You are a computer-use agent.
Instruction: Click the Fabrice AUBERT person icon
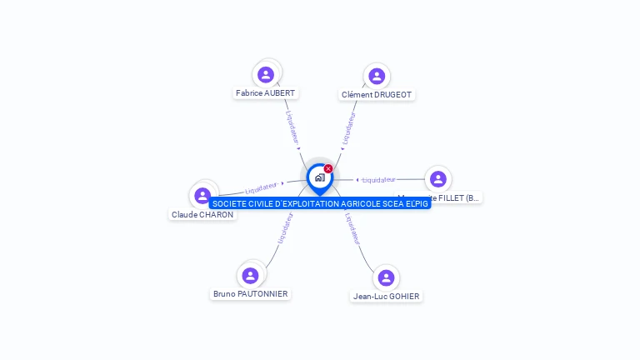tap(266, 74)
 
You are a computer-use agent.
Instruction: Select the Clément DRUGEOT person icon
tap(377, 76)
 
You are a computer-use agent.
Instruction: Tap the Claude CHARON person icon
tap(202, 196)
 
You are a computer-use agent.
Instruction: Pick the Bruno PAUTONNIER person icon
tap(250, 275)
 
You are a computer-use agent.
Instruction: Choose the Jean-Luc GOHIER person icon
tap(385, 277)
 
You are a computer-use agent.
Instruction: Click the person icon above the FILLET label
tap(438, 179)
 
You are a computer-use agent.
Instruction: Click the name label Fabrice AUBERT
tap(266, 93)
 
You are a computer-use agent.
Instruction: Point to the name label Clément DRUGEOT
tap(377, 95)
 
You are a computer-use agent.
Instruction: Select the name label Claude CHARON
tap(202, 215)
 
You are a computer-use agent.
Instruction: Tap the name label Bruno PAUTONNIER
tap(250, 294)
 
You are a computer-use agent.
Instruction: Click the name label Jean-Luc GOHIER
tap(386, 297)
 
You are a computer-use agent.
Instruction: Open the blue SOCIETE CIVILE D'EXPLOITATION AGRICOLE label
tap(320, 203)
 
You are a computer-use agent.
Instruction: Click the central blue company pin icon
tap(319, 177)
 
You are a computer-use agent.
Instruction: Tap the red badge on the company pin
tap(328, 169)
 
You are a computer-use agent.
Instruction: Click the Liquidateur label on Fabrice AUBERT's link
tap(292, 127)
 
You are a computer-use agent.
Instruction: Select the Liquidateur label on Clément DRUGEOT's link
tap(349, 129)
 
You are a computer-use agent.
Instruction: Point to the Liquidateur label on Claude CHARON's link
tap(262, 188)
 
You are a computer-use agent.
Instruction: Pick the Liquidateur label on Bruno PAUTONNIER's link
tap(284, 228)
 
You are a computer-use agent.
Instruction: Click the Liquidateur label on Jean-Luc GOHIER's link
tap(352, 228)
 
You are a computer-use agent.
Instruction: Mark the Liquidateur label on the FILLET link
tap(379, 180)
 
